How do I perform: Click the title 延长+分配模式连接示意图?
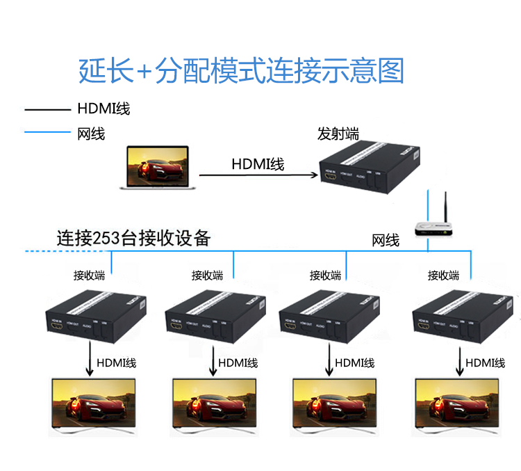click(x=241, y=70)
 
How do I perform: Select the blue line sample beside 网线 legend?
click(x=47, y=132)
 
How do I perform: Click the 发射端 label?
click(x=338, y=134)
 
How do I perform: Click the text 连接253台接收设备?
click(x=133, y=239)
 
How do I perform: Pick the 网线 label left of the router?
click(x=386, y=241)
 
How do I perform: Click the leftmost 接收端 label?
click(x=89, y=276)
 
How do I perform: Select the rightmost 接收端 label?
click(x=443, y=276)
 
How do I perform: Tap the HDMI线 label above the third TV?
click(x=354, y=363)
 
